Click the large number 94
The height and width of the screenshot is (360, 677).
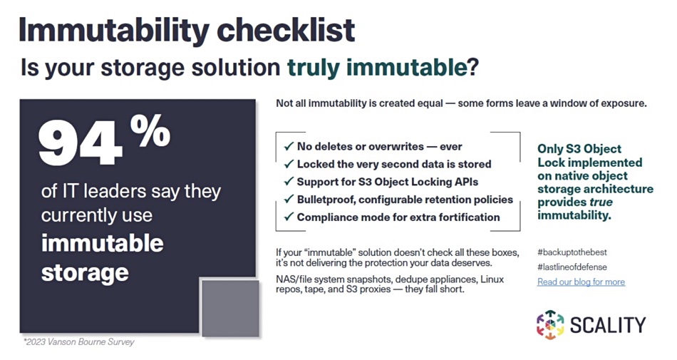(x=81, y=143)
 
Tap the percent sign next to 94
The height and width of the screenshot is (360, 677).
(x=150, y=131)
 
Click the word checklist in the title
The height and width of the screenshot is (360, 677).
(x=286, y=30)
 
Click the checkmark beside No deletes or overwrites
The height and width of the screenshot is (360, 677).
(x=289, y=147)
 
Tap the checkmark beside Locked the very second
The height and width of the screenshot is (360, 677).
(x=289, y=165)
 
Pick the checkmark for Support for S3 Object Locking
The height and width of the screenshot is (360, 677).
(x=289, y=182)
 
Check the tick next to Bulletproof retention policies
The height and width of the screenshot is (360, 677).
(x=289, y=200)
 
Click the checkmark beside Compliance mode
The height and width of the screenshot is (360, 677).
(x=289, y=217)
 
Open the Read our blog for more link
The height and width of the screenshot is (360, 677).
(x=581, y=282)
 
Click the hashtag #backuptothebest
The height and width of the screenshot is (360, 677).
(x=572, y=252)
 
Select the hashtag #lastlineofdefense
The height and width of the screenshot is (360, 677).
(x=572, y=267)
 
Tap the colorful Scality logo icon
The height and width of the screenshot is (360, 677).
(x=550, y=324)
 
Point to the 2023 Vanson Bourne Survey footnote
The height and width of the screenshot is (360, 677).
(x=78, y=342)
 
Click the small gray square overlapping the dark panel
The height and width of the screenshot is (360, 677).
(x=231, y=308)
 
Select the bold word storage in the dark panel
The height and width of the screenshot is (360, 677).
(x=85, y=273)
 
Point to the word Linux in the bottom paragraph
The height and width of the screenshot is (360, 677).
(x=492, y=279)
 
